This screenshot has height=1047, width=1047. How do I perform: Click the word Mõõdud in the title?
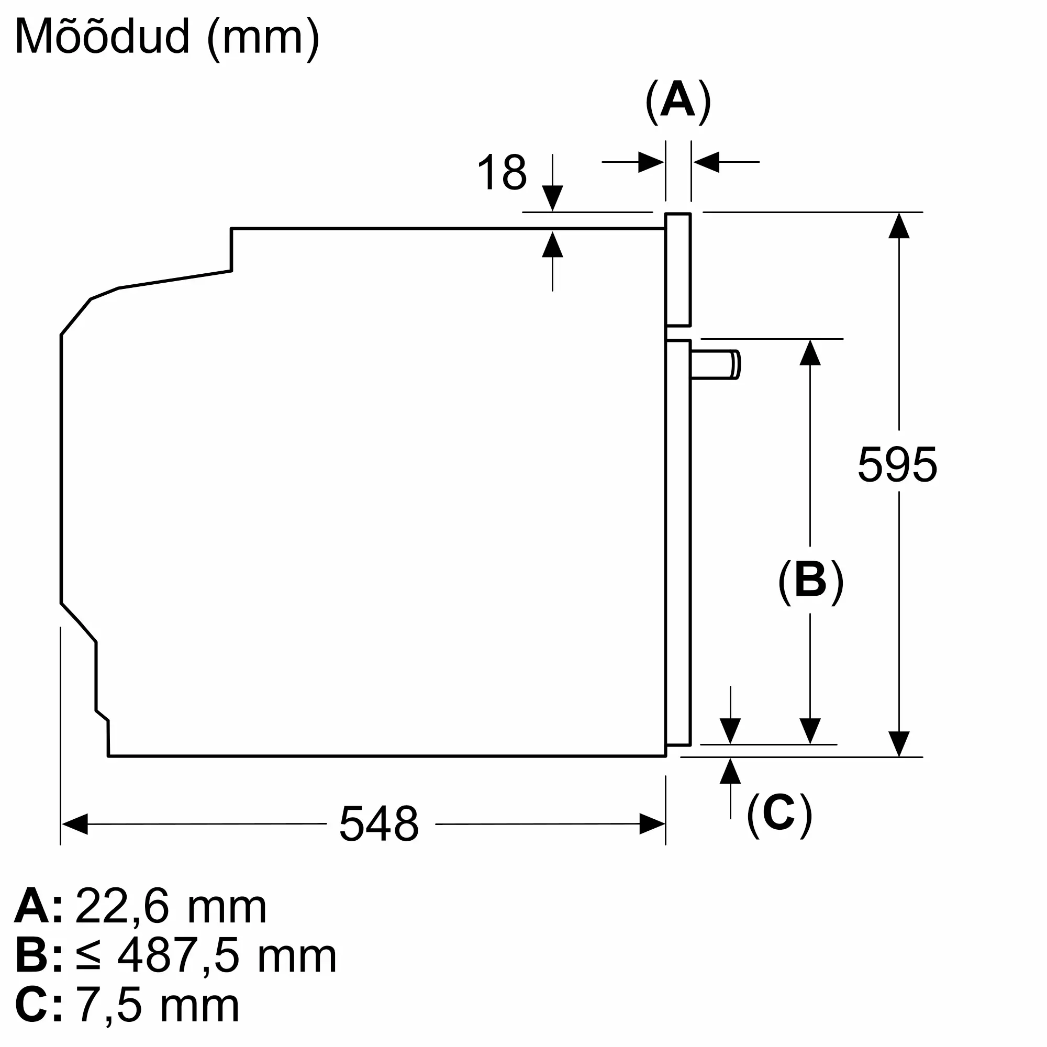103,36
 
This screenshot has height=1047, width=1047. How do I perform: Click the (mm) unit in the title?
263,39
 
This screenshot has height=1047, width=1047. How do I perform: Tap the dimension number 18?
502,172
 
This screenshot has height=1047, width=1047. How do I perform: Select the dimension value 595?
897,464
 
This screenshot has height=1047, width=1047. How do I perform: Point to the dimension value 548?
380,823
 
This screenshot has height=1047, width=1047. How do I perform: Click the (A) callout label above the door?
678,102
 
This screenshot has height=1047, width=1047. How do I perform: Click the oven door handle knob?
715,364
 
